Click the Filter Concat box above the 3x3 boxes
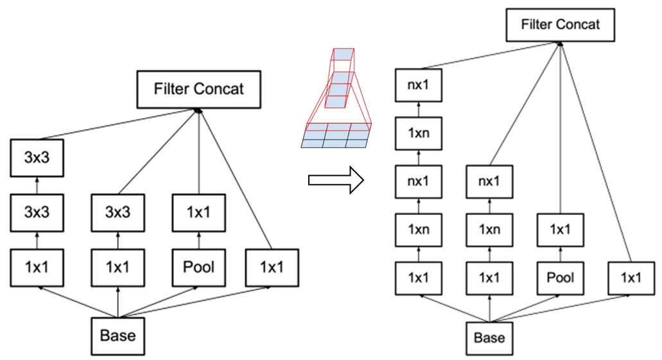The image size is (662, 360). (198, 89)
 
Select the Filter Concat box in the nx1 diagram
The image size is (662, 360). (560, 26)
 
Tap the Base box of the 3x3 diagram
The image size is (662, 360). (118, 334)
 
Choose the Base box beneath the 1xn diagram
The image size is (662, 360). (489, 337)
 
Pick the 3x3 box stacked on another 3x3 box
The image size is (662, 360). (37, 158)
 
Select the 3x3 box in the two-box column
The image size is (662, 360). (118, 210)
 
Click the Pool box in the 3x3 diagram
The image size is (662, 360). (198, 267)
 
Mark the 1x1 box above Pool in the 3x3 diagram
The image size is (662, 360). (198, 210)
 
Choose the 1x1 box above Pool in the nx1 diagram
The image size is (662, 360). (561, 229)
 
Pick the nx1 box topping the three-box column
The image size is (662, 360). (489, 182)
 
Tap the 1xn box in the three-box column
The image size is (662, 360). (489, 229)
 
